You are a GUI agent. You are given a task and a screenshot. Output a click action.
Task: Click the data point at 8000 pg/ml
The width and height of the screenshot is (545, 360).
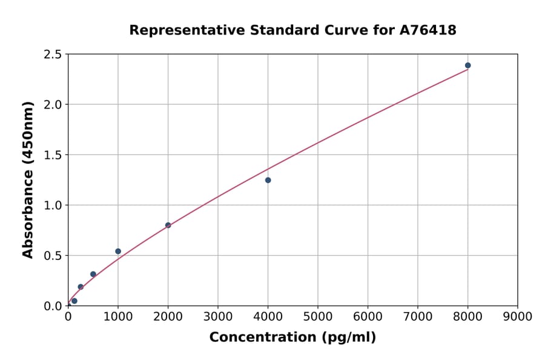point(467,65)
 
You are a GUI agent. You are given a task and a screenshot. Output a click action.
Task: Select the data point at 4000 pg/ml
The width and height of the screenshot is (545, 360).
point(268,180)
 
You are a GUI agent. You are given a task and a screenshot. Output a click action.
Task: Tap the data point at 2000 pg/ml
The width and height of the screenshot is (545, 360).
point(168,225)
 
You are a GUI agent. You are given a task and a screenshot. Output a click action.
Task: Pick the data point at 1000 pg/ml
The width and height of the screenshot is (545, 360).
point(118,251)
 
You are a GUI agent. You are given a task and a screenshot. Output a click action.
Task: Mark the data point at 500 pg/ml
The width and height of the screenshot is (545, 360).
point(93,274)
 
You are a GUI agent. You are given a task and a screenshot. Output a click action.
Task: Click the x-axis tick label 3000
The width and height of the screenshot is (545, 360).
point(218,316)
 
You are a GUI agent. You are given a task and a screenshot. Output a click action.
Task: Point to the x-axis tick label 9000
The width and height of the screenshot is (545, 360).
point(517,316)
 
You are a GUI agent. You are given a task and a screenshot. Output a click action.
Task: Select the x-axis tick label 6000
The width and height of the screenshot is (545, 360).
point(368,316)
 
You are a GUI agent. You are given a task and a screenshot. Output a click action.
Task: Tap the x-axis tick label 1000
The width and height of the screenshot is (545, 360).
point(118,316)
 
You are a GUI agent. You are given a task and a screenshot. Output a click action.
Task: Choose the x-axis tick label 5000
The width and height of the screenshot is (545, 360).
point(318,316)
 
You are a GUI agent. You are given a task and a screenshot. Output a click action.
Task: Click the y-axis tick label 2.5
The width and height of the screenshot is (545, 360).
point(52,55)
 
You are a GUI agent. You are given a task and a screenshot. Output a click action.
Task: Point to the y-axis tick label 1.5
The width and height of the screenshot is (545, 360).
point(52,155)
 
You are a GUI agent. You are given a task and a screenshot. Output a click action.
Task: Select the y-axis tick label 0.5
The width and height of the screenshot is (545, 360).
point(52,256)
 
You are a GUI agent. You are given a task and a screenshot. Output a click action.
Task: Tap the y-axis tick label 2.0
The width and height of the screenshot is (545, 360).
point(52,105)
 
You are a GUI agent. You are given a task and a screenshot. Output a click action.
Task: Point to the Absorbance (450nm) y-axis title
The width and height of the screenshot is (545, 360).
point(28,180)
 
